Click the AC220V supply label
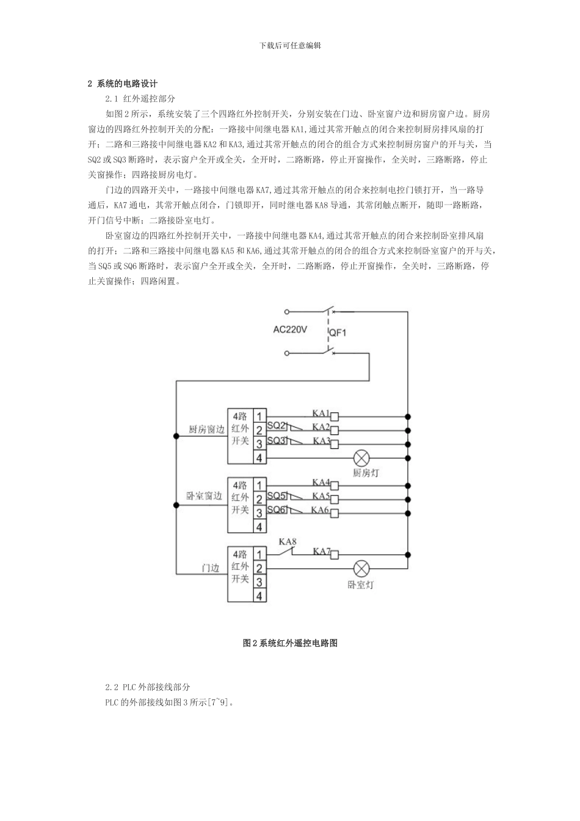[x=290, y=330]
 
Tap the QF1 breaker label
[x=338, y=333]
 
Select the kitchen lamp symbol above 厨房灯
[x=362, y=458]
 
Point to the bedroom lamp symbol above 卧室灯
[x=362, y=569]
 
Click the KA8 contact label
[x=288, y=542]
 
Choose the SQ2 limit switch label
[x=277, y=425]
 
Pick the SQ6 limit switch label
[x=277, y=510]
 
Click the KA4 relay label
[x=321, y=483]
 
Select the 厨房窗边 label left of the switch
[x=206, y=430]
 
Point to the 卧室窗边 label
[x=204, y=497]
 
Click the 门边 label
[x=211, y=568]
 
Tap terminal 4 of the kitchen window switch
[x=259, y=458]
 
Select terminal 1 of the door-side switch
[x=259, y=555]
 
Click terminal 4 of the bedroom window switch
[x=259, y=527]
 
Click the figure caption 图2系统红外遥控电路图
[x=290, y=643]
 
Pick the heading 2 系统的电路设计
[x=122, y=84]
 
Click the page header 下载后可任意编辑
[x=290, y=45]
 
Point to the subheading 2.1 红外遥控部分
[x=140, y=99]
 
